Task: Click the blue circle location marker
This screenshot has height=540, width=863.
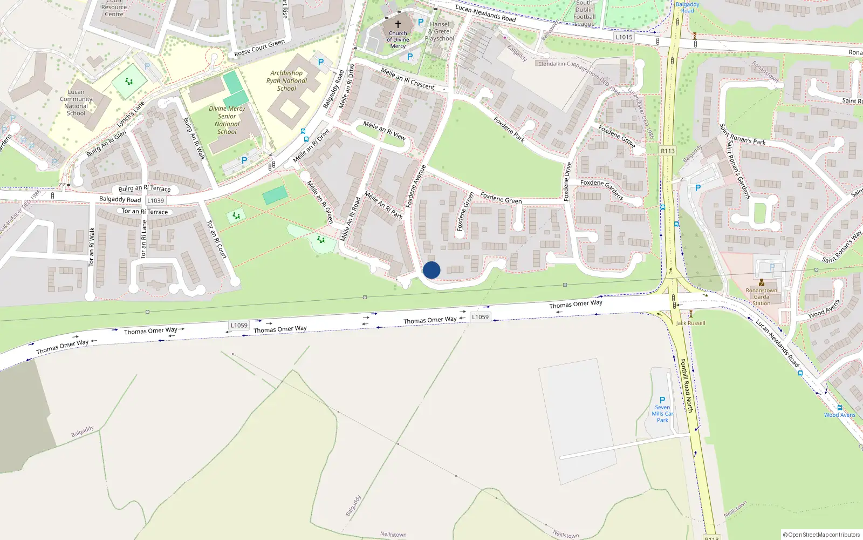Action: tap(432, 270)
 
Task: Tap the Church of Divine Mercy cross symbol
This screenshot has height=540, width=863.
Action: tap(398, 24)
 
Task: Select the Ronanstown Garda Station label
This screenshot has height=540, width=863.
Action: tap(762, 296)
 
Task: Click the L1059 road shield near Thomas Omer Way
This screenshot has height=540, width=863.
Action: tap(480, 317)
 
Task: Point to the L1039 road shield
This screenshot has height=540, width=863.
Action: tap(155, 200)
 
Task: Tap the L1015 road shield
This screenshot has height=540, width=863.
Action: tap(624, 37)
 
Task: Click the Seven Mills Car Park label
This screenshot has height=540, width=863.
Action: tap(662, 414)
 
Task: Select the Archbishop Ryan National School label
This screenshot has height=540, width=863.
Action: tap(286, 80)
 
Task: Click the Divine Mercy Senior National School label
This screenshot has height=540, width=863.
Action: tap(227, 120)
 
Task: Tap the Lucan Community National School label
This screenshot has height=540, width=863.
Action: tap(76, 103)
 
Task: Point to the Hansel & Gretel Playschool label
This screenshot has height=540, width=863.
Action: tap(440, 31)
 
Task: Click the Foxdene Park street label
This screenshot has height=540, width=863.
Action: tap(509, 130)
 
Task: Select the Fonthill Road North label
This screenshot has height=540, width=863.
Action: tap(686, 386)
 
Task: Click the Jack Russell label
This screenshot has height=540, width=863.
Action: tap(690, 323)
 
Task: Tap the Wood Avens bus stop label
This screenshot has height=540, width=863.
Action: tap(839, 415)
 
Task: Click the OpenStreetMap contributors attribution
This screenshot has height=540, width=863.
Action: tap(821, 535)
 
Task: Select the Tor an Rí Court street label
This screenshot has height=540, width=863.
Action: tap(217, 239)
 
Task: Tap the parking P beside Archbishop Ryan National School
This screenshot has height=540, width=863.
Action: tap(321, 62)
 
